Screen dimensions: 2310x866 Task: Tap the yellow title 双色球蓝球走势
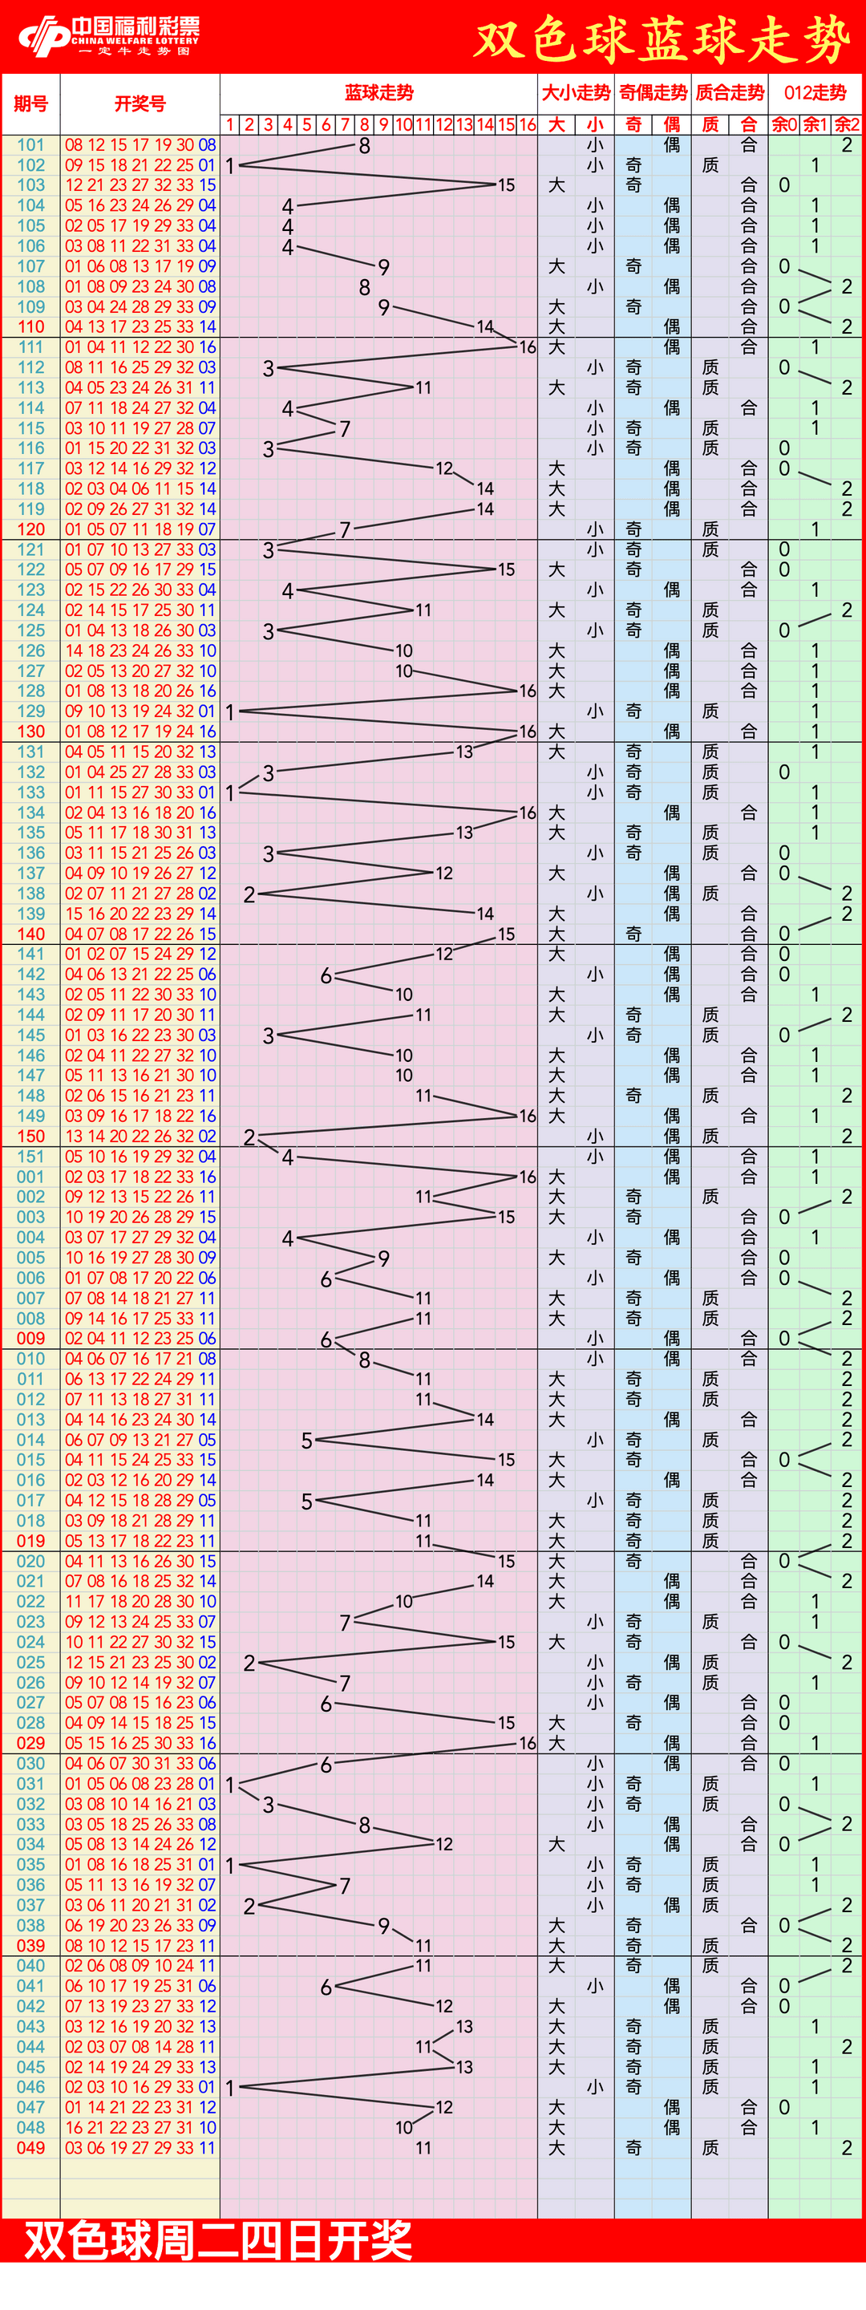point(662,39)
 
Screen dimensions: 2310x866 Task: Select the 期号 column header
point(30,104)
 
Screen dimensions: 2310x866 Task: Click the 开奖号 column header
point(140,104)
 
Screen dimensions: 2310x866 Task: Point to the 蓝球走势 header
point(378,92)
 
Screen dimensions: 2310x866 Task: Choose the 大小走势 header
point(576,92)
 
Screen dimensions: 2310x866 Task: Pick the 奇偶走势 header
point(653,92)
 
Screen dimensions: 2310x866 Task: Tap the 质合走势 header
point(730,92)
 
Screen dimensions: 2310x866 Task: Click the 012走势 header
point(814,92)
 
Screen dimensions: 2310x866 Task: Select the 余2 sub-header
point(845,124)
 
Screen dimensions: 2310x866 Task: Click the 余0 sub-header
point(784,124)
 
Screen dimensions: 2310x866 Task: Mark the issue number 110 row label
point(30,327)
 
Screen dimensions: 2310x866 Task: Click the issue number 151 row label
point(30,1157)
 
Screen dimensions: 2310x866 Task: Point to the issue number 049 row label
point(30,2148)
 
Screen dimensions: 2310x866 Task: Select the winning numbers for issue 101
point(140,145)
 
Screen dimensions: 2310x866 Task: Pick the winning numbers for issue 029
point(140,1743)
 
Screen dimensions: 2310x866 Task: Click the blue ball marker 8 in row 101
point(364,145)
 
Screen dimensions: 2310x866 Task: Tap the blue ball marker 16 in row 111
point(527,347)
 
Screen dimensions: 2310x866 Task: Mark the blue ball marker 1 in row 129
point(230,712)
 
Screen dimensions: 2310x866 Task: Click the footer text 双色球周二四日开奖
point(218,2240)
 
